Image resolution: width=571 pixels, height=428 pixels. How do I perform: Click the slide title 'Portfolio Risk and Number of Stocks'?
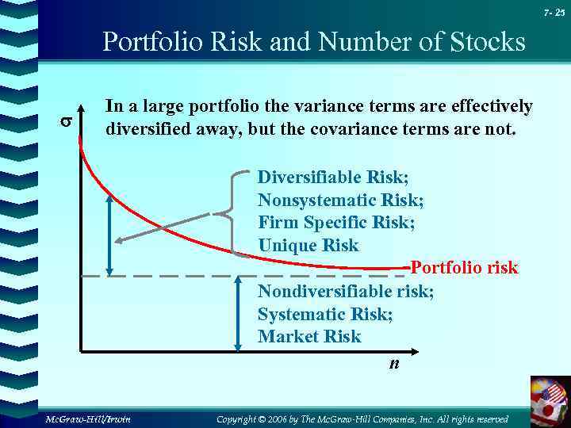coord(314,41)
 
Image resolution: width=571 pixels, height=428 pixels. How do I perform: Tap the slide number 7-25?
coord(554,13)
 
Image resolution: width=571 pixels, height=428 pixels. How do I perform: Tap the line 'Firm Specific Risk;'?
coord(336,222)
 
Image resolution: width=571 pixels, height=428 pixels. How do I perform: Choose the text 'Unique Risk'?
coord(308,245)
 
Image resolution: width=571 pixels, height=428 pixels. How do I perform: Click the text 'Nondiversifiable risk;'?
coord(346,291)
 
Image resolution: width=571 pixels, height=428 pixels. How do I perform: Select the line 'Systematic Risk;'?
coord(325,314)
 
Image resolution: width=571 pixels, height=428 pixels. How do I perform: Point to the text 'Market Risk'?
coord(309,336)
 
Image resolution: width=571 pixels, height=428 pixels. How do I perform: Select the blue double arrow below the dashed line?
coord(237,312)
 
